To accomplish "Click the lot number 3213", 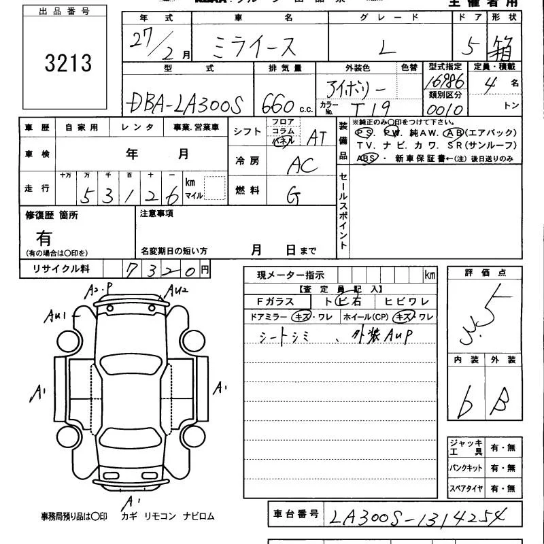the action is [67, 63].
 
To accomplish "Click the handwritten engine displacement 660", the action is [278, 103].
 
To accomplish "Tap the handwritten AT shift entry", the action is [316, 138].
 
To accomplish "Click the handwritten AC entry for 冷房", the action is [302, 165].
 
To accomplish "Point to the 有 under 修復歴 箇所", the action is [44, 237].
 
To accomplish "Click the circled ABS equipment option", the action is [367, 158].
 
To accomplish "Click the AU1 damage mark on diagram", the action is [54, 316].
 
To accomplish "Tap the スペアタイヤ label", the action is [466, 488].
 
